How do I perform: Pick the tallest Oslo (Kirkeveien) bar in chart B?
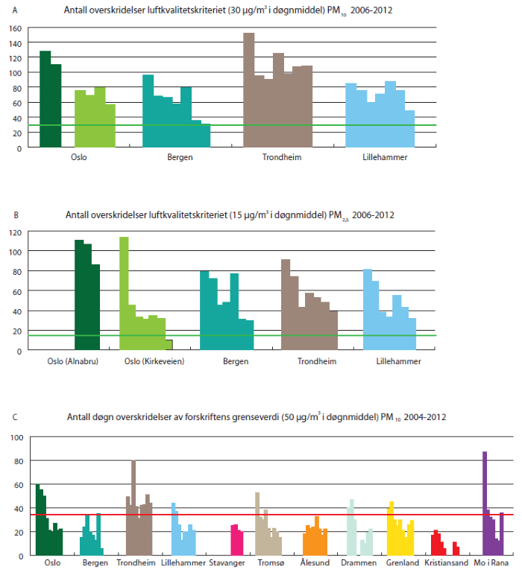pos(125,290)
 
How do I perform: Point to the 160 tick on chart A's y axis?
pos(14,28)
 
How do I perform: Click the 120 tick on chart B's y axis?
pos(14,232)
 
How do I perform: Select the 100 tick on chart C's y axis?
pos(14,437)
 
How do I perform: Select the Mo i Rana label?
pos(494,564)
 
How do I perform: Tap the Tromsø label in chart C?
pos(269,564)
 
